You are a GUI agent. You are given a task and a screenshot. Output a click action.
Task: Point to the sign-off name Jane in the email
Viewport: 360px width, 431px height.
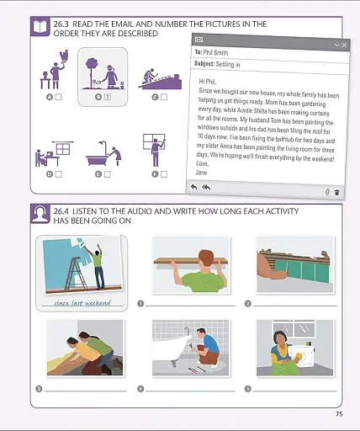click(202, 172)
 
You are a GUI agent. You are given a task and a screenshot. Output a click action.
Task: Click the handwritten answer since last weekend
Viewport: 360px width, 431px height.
click(82, 302)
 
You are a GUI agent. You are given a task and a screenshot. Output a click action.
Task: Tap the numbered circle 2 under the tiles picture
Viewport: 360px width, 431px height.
click(247, 303)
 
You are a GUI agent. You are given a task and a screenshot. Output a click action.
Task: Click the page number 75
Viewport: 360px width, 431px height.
click(338, 413)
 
